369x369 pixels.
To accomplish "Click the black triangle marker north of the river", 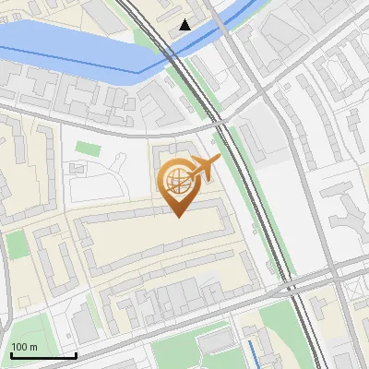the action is tap(185, 25).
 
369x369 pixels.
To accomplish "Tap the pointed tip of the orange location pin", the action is tap(177, 216).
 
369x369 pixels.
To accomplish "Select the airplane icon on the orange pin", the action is tap(204, 167).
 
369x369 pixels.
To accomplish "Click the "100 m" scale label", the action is tap(25, 347).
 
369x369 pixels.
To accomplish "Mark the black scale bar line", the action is tap(43, 355).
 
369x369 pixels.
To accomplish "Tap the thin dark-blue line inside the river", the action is tap(92, 63).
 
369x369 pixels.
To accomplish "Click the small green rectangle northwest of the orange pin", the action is tap(87, 148).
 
